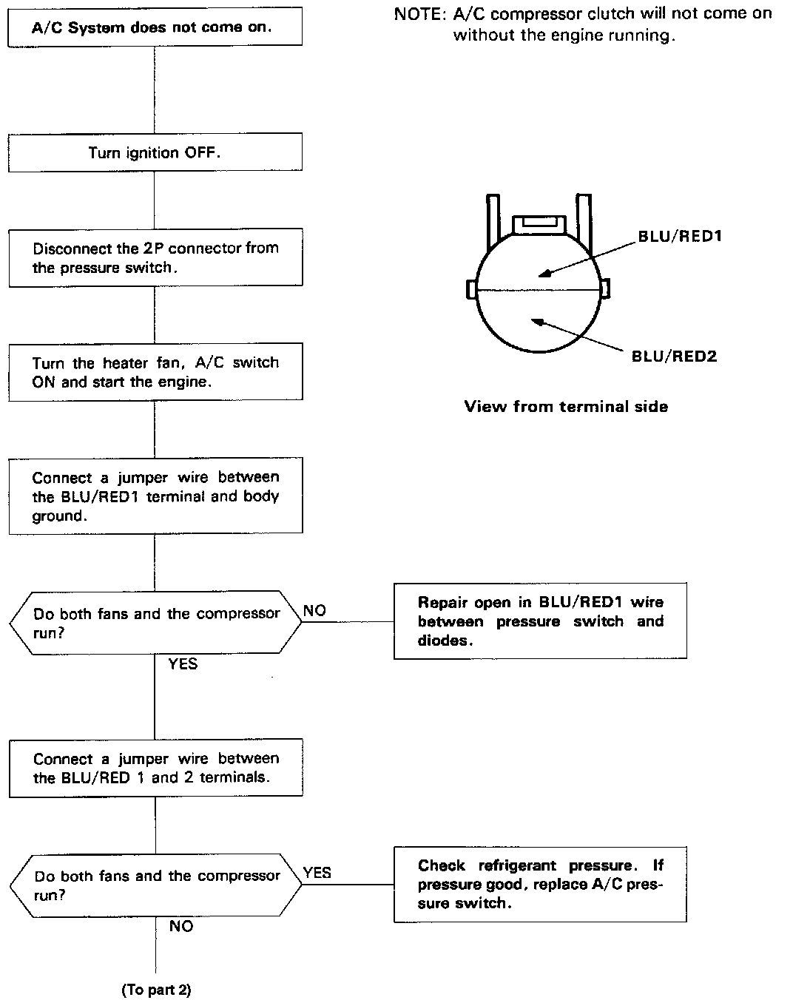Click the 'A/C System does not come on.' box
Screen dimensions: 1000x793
(x=155, y=27)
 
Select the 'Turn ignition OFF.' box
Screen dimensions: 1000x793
(x=155, y=152)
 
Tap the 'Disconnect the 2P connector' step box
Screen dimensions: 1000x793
(x=155, y=257)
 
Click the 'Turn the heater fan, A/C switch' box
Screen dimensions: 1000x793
(x=155, y=372)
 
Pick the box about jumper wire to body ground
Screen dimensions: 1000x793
(x=155, y=496)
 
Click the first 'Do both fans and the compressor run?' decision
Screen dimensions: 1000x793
(x=155, y=622)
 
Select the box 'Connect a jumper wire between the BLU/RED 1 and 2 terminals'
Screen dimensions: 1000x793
(x=155, y=768)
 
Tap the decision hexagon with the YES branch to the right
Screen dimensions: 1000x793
(x=155, y=885)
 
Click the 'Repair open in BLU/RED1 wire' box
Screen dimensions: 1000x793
(x=540, y=621)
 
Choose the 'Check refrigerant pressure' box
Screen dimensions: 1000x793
(x=540, y=884)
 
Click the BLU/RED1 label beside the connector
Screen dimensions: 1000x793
(x=680, y=237)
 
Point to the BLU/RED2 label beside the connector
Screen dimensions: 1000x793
(x=674, y=357)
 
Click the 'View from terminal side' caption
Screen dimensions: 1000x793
(x=566, y=406)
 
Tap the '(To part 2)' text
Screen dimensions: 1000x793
(x=156, y=990)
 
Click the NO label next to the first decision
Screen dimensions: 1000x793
(x=314, y=610)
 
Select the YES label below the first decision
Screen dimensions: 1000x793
(x=183, y=663)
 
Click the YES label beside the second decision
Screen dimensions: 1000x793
(x=317, y=873)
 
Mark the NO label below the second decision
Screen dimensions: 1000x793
(x=180, y=926)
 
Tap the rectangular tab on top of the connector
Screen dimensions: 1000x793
(x=539, y=223)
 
